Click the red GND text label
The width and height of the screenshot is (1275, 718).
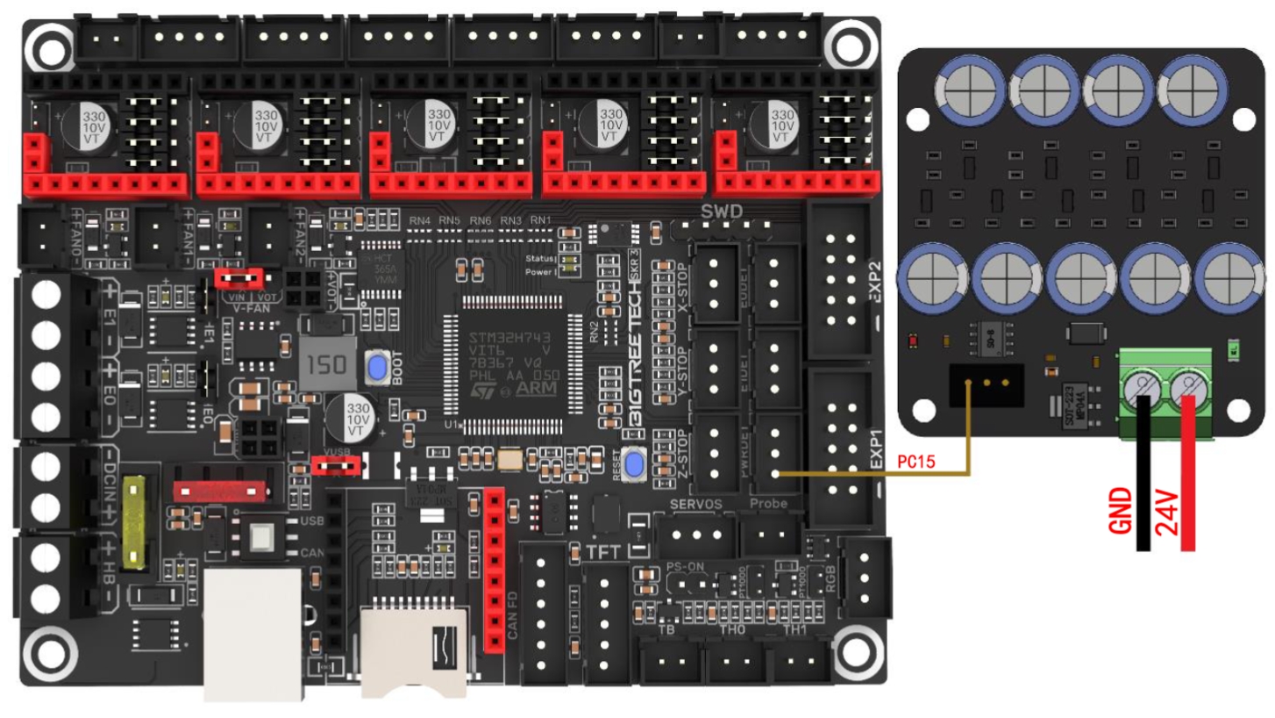click(x=1123, y=513)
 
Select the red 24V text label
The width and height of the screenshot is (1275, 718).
click(x=1165, y=513)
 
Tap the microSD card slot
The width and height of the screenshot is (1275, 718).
click(x=414, y=650)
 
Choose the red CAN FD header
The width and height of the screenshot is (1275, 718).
click(x=495, y=571)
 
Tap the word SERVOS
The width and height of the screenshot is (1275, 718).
click(x=696, y=505)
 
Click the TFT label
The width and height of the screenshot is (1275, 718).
click(x=605, y=551)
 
